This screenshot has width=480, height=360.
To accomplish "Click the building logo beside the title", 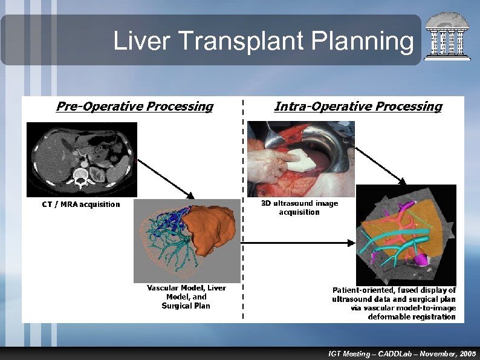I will [x=447, y=37].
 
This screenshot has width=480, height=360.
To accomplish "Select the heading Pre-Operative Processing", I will [x=134, y=106].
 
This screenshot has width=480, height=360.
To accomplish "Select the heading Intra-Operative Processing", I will [x=358, y=106].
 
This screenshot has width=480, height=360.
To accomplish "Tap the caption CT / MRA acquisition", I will [x=81, y=205].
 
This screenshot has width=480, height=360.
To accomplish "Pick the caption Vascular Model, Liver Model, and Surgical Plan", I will [x=186, y=296].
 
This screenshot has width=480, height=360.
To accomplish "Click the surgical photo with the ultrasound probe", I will [x=300, y=159].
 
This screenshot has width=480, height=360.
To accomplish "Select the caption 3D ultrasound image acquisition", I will [x=299, y=208].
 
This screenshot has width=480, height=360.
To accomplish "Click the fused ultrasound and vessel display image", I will [x=406, y=234].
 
